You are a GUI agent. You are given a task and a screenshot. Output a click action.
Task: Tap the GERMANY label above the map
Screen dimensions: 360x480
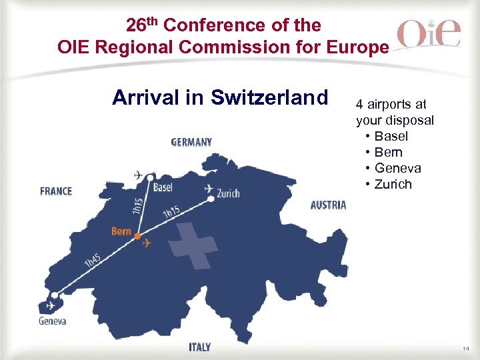pos(191,142)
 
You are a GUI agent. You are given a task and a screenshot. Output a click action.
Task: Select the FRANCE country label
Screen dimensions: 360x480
pos(56,191)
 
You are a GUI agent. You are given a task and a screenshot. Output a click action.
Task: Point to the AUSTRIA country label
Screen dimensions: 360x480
pos(328,205)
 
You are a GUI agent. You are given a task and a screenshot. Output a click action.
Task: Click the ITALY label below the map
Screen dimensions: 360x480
pos(199,347)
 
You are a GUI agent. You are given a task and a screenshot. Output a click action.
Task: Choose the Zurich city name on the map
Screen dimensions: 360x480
pos(227,194)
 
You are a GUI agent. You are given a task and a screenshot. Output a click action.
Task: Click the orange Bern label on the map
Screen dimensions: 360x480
pos(121,231)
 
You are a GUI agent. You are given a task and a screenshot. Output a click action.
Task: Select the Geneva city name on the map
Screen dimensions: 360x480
pos(52,321)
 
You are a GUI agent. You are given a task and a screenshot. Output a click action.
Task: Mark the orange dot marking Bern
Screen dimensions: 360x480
pos(137,237)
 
